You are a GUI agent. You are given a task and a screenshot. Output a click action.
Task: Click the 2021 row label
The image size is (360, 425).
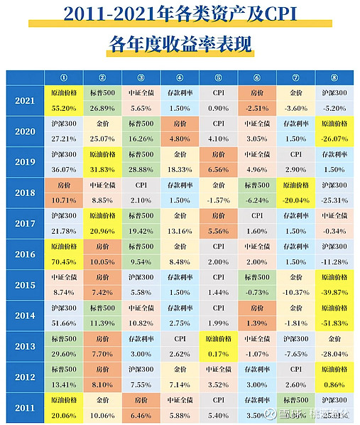tap(24, 100)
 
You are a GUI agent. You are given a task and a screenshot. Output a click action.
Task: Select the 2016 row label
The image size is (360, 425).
tap(24, 254)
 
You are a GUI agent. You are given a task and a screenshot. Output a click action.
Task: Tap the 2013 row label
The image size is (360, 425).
tap(24, 346)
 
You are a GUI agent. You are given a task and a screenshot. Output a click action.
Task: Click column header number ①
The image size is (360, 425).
tap(65, 77)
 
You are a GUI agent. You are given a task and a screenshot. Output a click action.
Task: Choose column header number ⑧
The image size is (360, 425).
tap(334, 77)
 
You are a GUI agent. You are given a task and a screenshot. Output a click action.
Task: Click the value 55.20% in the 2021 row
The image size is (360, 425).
tap(65, 107)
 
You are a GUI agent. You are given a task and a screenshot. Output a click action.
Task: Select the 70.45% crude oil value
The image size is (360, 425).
tap(65, 261)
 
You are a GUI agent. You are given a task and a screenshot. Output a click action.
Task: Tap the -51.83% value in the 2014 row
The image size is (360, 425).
tap(334, 323)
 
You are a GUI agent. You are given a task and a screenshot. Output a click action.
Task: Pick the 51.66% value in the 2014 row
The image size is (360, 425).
tap(65, 323)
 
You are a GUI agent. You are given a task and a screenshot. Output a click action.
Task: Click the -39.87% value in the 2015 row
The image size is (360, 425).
tap(334, 292)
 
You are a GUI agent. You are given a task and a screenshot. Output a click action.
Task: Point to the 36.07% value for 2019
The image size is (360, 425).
tap(65, 169)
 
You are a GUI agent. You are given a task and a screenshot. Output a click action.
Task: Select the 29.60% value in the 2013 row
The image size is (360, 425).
tap(65, 353)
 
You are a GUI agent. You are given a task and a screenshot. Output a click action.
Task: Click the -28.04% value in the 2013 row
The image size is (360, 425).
tap(334, 353)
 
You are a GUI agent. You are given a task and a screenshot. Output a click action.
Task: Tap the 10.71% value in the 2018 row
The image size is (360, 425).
tap(65, 200)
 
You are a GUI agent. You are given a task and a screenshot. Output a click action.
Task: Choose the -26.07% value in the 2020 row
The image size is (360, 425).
tap(334, 139)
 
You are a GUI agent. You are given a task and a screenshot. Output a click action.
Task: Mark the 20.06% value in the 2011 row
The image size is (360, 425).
tap(65, 414)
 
